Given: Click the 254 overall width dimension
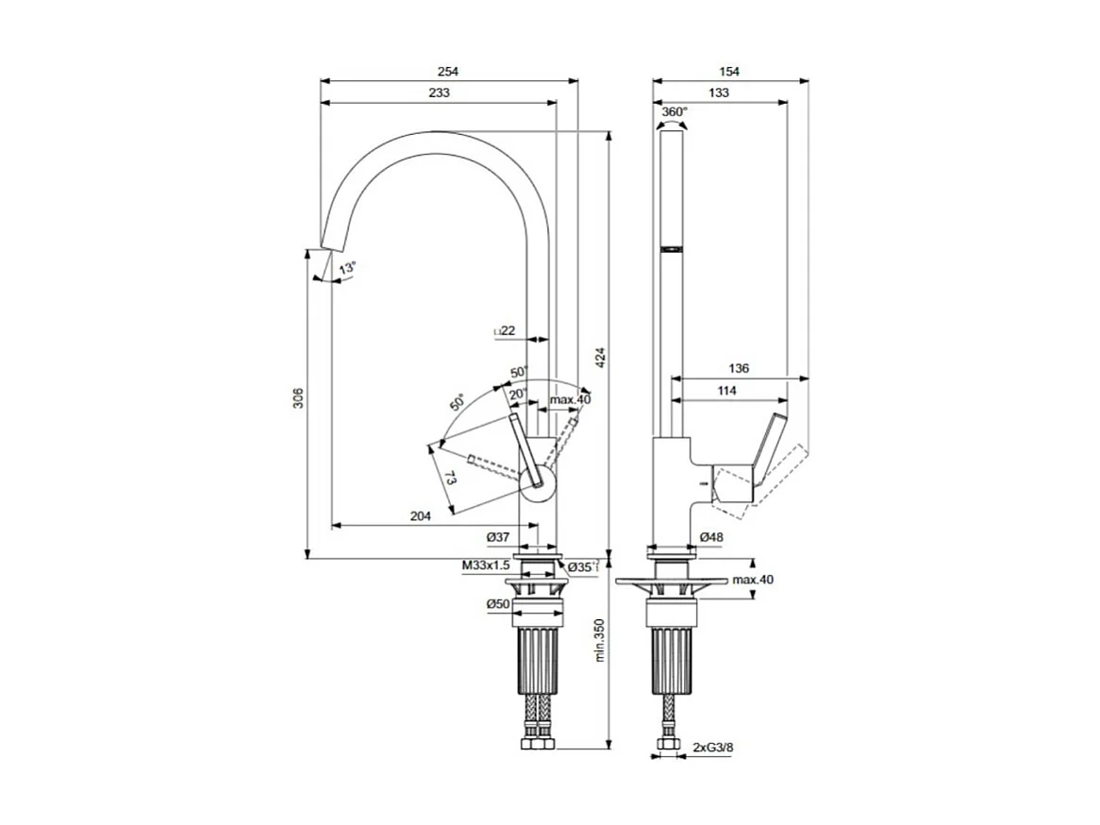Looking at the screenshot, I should click(448, 71).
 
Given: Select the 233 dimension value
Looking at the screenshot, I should click(439, 93).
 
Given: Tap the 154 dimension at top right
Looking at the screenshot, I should click(729, 71).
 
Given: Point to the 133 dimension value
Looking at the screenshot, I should click(719, 93).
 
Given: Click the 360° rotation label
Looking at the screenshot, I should click(674, 111).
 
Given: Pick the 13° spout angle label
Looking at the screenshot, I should click(348, 268).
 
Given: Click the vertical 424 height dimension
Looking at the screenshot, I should click(599, 358).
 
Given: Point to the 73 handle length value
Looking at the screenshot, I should click(451, 479).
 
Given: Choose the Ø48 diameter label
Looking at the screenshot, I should click(711, 537).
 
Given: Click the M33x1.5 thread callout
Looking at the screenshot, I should click(485, 565).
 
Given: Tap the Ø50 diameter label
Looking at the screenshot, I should click(498, 604).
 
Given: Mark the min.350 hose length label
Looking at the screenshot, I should click(599, 650).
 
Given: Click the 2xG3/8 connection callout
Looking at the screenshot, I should click(713, 747).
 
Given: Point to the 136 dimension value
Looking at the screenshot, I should click(739, 367).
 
